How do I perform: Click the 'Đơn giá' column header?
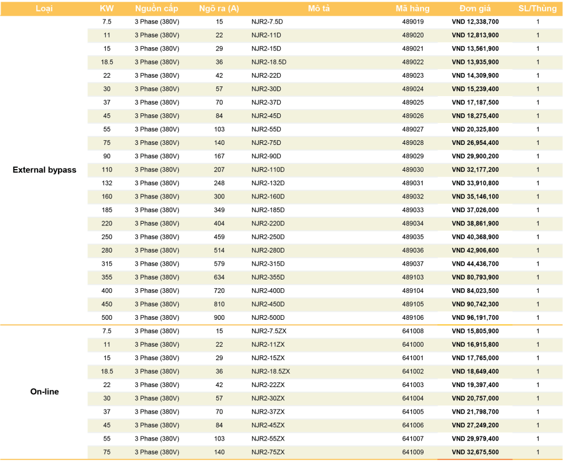[x=475, y=9]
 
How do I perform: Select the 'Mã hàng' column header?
[x=413, y=9]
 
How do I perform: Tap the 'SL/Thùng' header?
[x=537, y=9]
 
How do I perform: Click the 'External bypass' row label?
[x=44, y=170]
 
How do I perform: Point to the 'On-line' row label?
[x=44, y=392]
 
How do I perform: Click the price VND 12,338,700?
[x=475, y=22]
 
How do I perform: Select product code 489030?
[x=413, y=170]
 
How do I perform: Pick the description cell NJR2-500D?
[x=268, y=317]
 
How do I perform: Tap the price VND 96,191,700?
[x=475, y=317]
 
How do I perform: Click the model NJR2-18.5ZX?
[x=270, y=372]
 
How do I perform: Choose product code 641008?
[x=413, y=331]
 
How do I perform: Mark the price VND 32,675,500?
[x=475, y=452]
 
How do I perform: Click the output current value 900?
[x=219, y=317]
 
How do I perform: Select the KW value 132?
[x=107, y=183]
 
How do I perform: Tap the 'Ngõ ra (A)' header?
[x=219, y=9]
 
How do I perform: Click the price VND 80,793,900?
[x=475, y=277]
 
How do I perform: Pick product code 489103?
[x=413, y=277]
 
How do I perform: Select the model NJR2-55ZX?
[x=268, y=439]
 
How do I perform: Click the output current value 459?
[x=219, y=237]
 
